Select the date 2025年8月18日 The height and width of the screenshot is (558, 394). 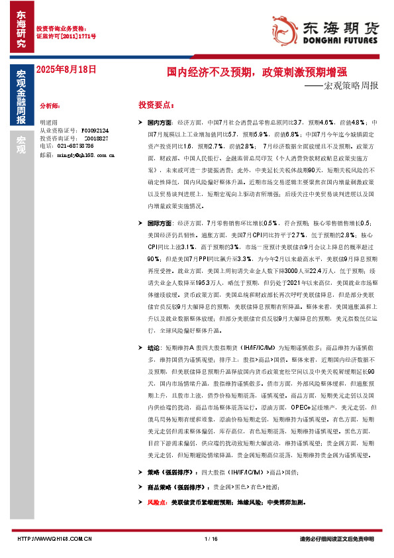(x=66, y=68)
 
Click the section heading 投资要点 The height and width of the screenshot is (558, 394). (x=156, y=105)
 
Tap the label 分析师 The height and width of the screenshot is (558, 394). (x=50, y=105)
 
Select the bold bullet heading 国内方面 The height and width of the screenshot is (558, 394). (x=159, y=123)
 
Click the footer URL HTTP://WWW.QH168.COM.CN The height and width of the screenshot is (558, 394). (x=54, y=539)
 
